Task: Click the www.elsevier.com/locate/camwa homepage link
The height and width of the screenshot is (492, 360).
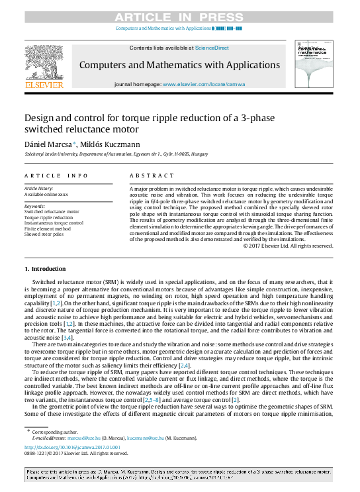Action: [x=203, y=85]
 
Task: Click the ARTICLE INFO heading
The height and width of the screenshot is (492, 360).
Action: [x=56, y=175]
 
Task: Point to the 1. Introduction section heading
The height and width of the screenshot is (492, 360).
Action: [x=45, y=269]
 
